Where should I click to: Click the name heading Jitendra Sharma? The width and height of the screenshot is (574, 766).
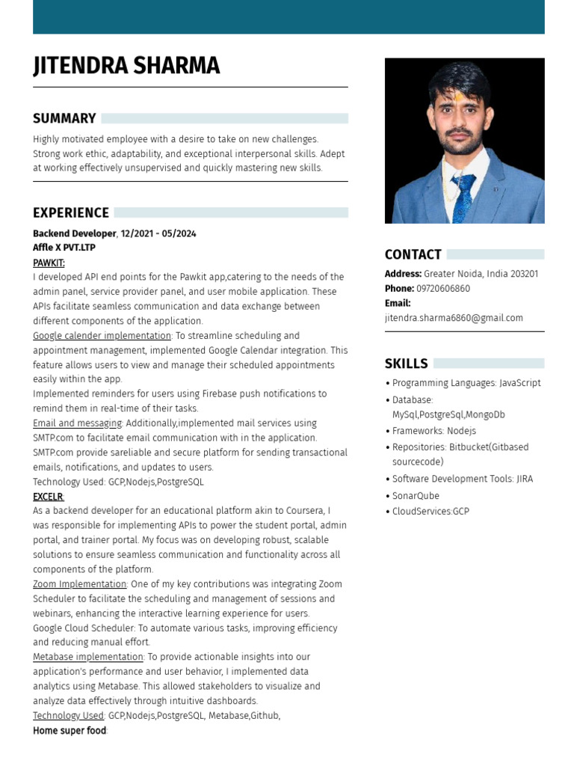pyautogui.click(x=126, y=66)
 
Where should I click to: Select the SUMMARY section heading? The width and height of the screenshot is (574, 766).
pyautogui.click(x=64, y=118)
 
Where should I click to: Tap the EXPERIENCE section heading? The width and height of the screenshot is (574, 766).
pyautogui.click(x=71, y=212)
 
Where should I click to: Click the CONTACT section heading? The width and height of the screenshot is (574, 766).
pyautogui.click(x=413, y=254)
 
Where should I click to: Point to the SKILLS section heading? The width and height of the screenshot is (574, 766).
pyautogui.click(x=406, y=364)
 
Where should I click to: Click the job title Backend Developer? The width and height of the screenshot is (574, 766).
pyautogui.click(x=74, y=233)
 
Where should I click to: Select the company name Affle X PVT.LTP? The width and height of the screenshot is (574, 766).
pyautogui.click(x=64, y=248)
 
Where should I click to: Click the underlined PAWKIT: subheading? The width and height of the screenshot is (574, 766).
pyautogui.click(x=49, y=263)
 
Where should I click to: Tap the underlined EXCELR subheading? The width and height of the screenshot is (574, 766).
pyautogui.click(x=48, y=497)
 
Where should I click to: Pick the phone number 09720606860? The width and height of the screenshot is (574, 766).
pyautogui.click(x=443, y=289)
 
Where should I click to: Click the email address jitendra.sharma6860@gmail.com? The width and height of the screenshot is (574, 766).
pyautogui.click(x=454, y=318)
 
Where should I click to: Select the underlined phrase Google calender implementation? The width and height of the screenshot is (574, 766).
pyautogui.click(x=102, y=336)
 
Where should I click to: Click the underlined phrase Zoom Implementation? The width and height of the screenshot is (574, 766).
pyautogui.click(x=79, y=584)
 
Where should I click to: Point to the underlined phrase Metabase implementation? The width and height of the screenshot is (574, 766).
pyautogui.click(x=87, y=657)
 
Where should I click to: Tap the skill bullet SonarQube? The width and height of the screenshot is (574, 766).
pyautogui.click(x=416, y=495)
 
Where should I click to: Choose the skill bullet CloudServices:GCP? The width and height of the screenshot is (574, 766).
pyautogui.click(x=430, y=512)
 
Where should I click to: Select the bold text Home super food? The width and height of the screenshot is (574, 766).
pyautogui.click(x=70, y=730)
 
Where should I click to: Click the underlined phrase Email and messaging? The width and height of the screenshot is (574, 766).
pyautogui.click(x=77, y=423)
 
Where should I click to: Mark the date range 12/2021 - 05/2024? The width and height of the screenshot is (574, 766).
pyautogui.click(x=158, y=233)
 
